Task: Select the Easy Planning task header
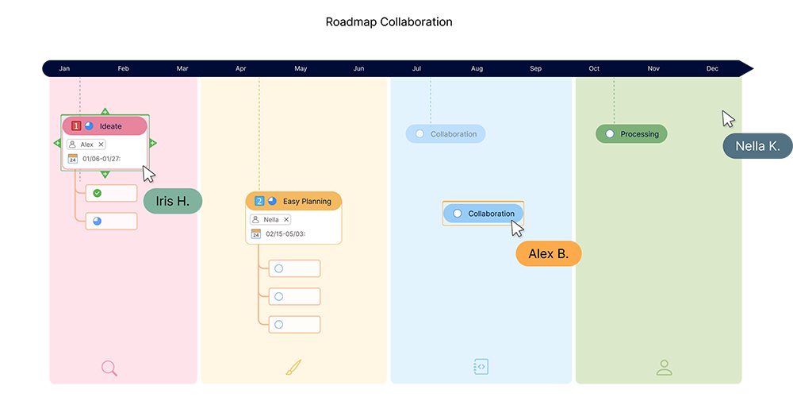[x=293, y=201]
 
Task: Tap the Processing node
[x=631, y=134]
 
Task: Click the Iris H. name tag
[x=172, y=202]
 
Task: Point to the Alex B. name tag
[x=548, y=254]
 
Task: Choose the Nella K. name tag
[x=757, y=146]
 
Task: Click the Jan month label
[x=64, y=69]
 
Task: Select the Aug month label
[x=477, y=69]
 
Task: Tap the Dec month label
[x=712, y=69]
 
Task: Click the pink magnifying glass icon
[x=109, y=368]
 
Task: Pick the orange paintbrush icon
[x=293, y=368]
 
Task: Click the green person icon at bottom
[x=665, y=368]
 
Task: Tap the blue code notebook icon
[x=481, y=367]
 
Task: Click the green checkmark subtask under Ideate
[x=111, y=193]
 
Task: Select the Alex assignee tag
[x=86, y=145]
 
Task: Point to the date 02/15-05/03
[x=285, y=234]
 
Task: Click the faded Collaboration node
[x=446, y=134]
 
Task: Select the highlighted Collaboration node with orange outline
[x=483, y=214]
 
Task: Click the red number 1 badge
[x=76, y=126]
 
